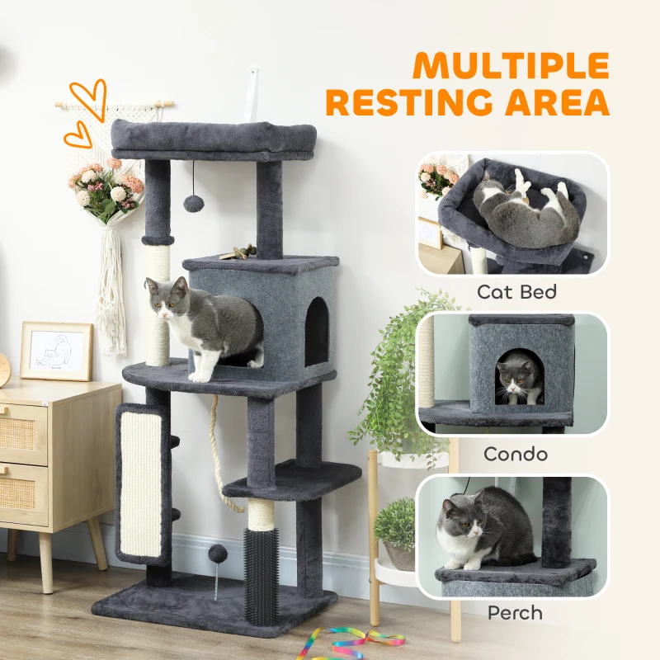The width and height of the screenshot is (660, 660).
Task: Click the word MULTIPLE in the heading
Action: (511, 65)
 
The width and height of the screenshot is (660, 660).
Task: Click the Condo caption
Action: (515, 454)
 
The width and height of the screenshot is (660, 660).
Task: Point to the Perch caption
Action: (515, 613)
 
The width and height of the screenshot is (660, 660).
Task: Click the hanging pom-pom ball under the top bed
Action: (194, 203)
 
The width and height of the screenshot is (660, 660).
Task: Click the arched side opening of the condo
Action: (317, 333)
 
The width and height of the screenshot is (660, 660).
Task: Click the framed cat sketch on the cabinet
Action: (56, 351)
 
